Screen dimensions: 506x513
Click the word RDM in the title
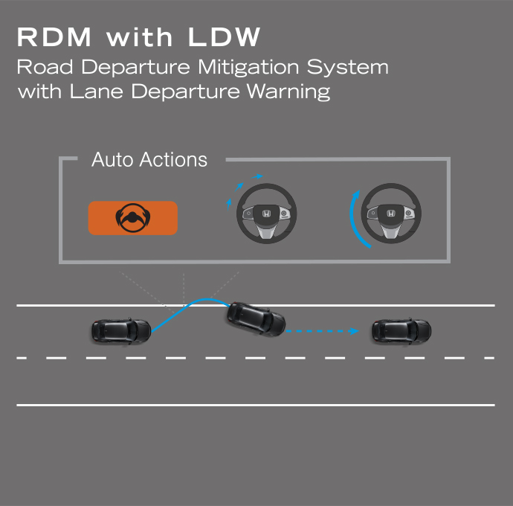click(x=54, y=37)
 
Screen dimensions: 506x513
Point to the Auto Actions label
click(x=149, y=159)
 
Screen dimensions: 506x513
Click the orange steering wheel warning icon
click(x=133, y=217)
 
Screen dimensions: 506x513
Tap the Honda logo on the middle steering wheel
click(x=267, y=214)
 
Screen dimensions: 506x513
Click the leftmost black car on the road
click(x=121, y=330)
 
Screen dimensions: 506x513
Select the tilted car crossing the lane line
click(x=256, y=318)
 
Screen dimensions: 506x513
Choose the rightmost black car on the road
click(x=401, y=330)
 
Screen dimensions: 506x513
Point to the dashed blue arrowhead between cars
click(x=353, y=331)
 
